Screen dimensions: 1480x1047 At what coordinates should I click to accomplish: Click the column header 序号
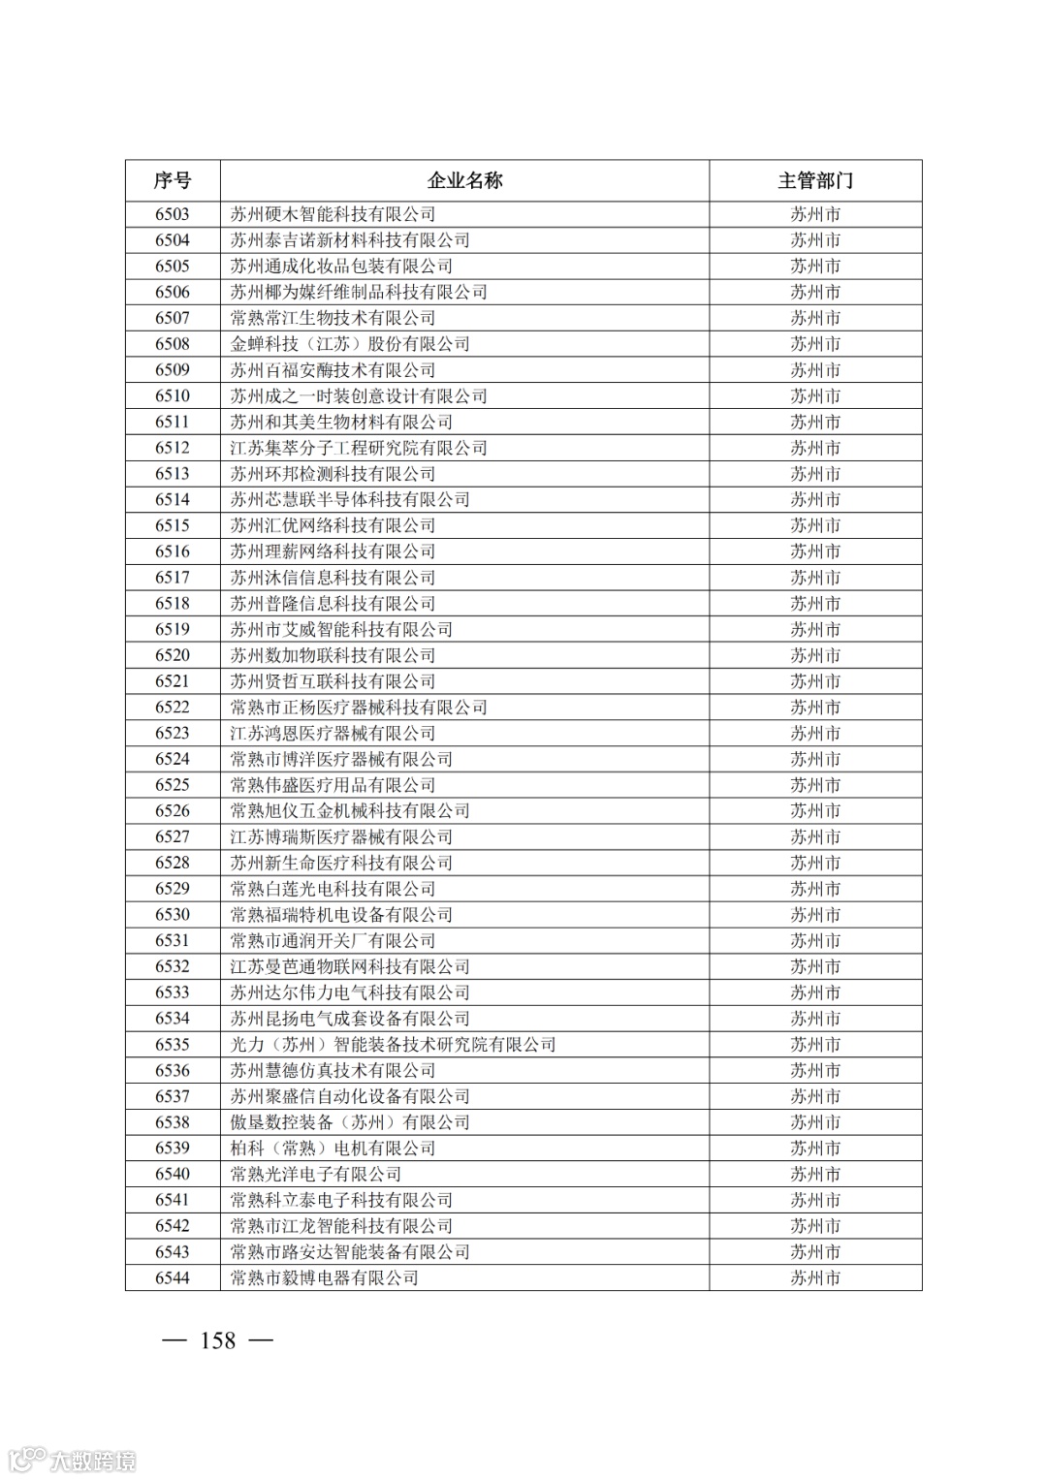173,180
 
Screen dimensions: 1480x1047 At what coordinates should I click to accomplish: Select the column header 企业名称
464,180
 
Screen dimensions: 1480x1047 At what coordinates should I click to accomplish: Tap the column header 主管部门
815,180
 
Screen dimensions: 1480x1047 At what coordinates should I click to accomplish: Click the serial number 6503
173,214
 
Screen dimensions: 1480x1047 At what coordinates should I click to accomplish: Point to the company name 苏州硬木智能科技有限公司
333,214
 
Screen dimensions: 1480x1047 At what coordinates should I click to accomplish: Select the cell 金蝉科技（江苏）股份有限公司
350,344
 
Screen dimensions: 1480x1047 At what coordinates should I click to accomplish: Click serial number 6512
173,448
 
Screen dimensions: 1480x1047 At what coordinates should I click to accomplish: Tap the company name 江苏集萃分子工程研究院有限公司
359,448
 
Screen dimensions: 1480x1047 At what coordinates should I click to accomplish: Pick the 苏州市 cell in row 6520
815,655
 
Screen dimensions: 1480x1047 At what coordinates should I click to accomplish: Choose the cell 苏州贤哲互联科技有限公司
333,681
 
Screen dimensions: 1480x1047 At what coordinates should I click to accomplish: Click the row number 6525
173,785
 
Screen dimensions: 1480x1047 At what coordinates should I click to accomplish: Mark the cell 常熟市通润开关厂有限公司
333,941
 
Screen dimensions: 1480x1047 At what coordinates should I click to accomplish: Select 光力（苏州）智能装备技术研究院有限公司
393,1045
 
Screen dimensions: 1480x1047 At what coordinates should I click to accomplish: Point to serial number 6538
173,1122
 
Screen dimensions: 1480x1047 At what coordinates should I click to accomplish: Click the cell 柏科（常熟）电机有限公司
333,1149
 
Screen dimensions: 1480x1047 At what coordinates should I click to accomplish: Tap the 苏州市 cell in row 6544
815,1278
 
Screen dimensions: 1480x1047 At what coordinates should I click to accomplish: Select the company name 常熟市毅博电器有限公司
324,1278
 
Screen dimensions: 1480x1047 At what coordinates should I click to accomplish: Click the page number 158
217,1340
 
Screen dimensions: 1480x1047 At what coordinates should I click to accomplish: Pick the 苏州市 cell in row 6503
815,214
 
